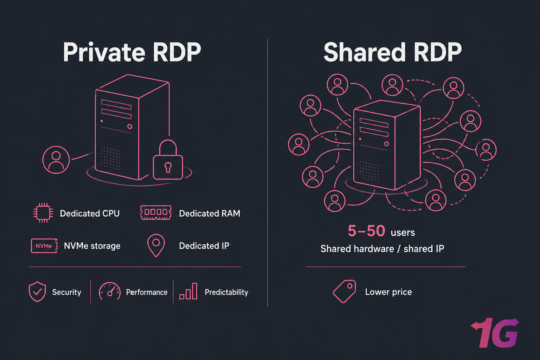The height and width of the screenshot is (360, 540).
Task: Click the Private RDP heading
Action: (132, 53)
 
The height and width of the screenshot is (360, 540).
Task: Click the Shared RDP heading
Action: (392, 53)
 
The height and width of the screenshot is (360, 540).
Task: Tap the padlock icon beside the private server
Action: (168, 161)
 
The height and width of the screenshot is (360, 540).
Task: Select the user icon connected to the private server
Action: (56, 160)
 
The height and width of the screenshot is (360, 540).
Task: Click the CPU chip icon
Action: (43, 213)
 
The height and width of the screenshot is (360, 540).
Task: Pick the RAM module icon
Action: (156, 213)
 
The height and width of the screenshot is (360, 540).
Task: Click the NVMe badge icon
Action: (44, 246)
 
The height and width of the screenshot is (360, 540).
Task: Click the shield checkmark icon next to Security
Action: (37, 292)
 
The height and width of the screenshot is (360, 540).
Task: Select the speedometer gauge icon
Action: (110, 292)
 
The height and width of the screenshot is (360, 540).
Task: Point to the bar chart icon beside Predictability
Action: (188, 292)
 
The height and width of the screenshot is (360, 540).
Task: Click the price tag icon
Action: (345, 291)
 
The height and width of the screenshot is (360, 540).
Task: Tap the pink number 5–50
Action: (366, 231)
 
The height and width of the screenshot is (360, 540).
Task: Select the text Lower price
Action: (388, 292)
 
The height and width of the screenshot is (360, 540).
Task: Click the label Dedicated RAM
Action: (210, 213)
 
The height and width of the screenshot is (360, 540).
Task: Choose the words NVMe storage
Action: (92, 246)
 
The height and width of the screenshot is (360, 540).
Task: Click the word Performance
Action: (147, 292)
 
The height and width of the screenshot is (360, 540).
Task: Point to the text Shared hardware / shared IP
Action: (382, 249)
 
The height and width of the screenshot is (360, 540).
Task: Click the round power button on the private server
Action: (130, 127)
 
